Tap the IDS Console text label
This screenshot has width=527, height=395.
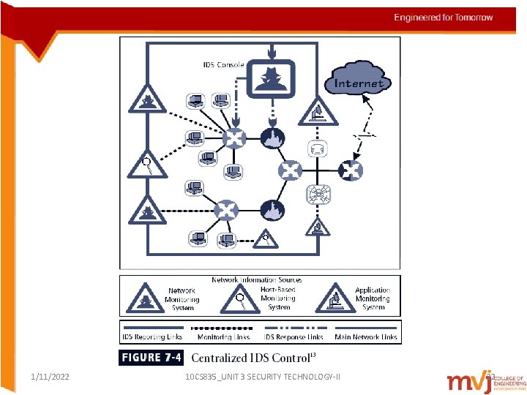[223, 64]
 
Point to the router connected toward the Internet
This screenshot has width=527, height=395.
[350, 171]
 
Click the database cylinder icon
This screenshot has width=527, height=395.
[317, 150]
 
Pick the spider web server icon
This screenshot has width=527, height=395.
[319, 195]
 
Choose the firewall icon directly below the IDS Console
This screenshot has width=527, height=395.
[271, 137]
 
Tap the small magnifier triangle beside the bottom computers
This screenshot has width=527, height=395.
[266, 236]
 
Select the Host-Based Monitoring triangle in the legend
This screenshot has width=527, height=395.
[239, 297]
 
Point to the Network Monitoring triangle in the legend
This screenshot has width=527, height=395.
[146, 298]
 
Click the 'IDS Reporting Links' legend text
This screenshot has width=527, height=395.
[152, 337]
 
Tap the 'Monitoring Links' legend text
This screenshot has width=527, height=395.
[223, 337]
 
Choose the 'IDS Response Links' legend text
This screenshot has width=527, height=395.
[293, 337]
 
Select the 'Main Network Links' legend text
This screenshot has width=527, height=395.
[366, 337]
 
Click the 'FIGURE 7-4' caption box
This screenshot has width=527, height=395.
[152, 358]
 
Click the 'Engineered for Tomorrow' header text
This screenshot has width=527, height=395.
[444, 18]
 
